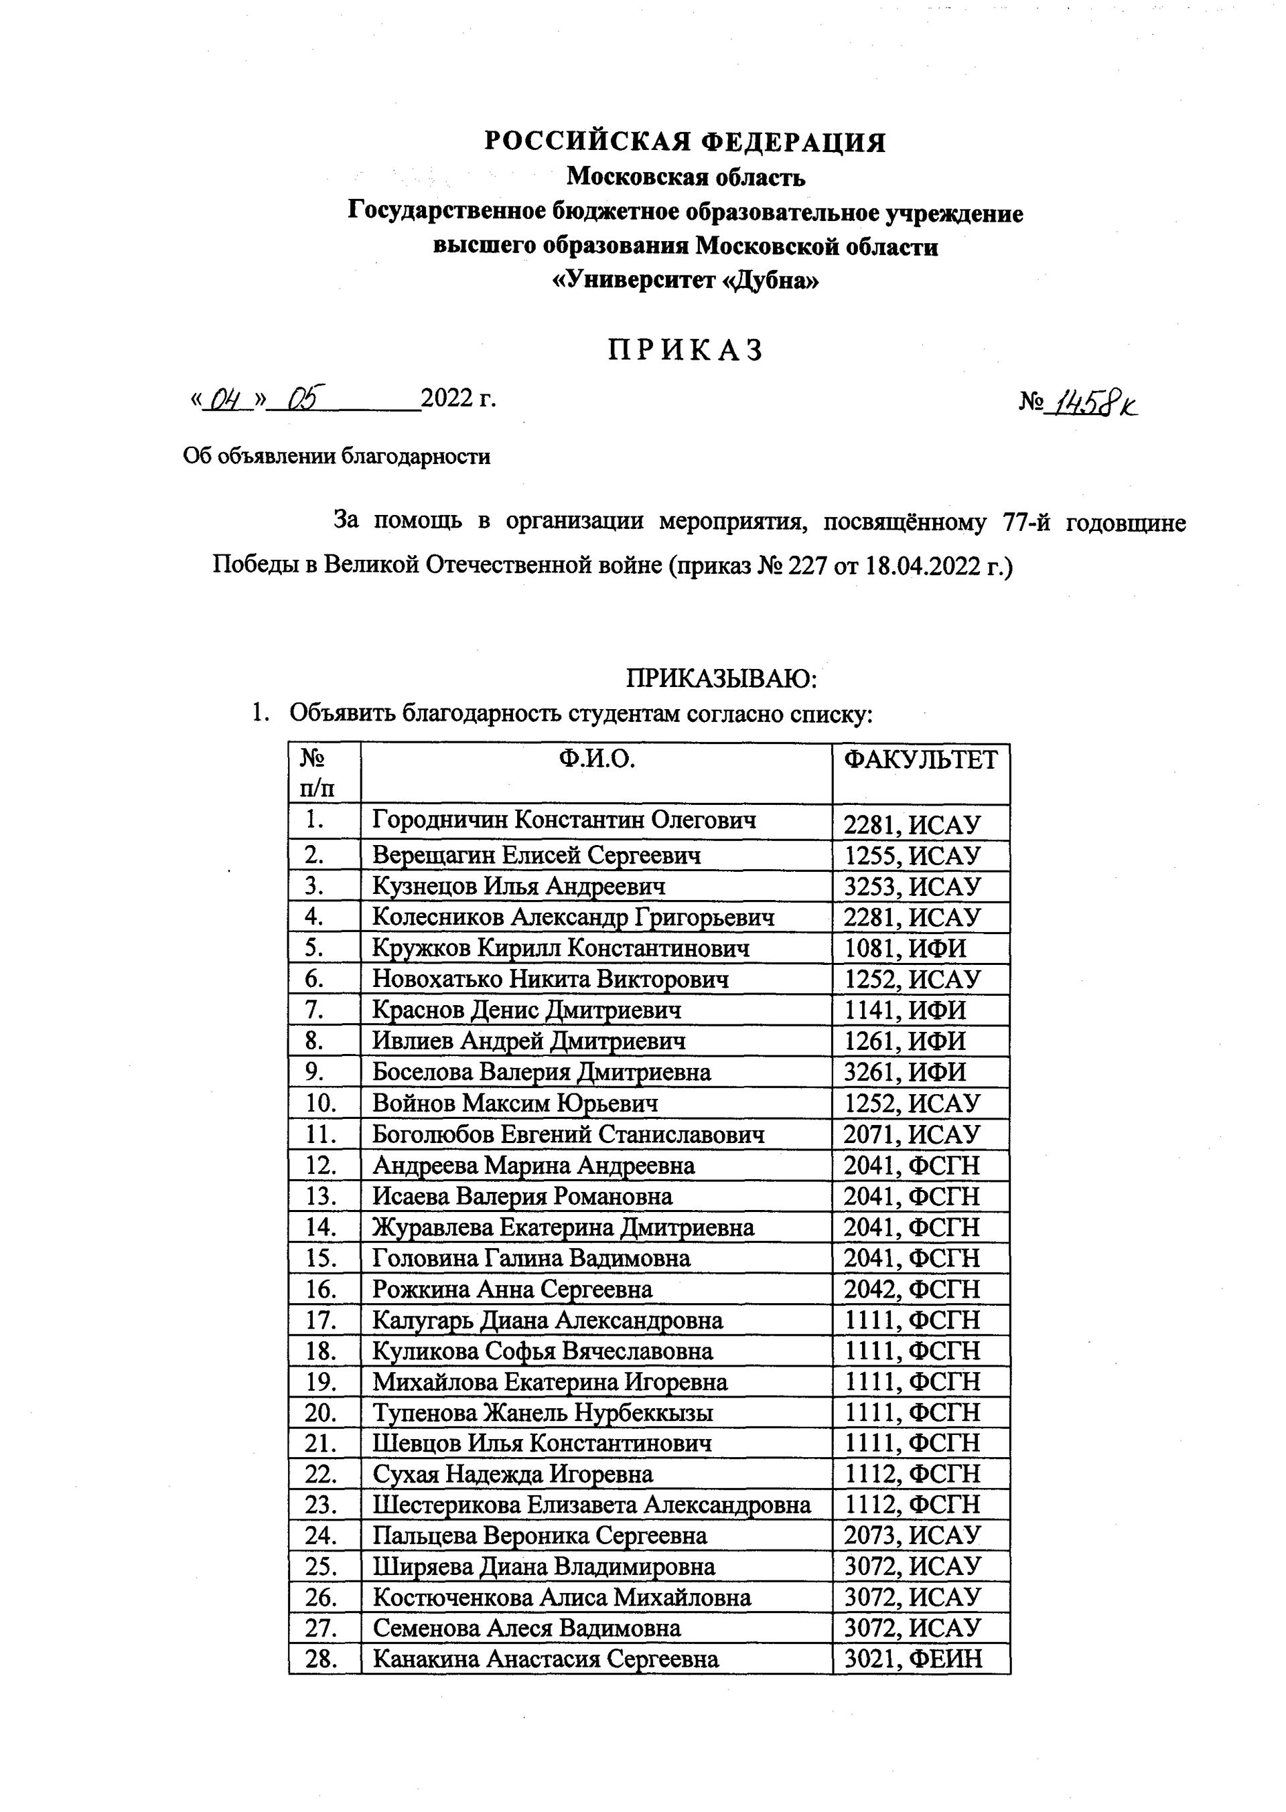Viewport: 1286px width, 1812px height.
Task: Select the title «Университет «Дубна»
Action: pos(685,280)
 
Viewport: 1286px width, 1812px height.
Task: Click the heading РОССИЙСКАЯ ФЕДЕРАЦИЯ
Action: pos(685,142)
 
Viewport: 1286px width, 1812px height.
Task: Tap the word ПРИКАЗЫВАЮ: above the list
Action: pos(721,678)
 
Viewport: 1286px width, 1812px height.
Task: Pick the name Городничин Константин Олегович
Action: pos(564,820)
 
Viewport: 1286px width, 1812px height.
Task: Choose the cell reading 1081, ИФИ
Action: pos(905,948)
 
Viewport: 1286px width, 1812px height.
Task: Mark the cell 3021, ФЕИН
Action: pos(913,1659)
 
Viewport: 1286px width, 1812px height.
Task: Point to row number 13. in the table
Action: pos(321,1196)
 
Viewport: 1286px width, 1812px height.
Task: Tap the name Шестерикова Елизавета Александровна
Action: pos(591,1505)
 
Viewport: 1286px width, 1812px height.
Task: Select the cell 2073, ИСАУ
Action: pos(912,1535)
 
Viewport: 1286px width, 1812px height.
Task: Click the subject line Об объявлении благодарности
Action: pos(336,456)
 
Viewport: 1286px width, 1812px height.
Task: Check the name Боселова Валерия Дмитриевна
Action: pos(542,1072)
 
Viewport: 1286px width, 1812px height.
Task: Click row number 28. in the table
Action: pos(321,1659)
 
